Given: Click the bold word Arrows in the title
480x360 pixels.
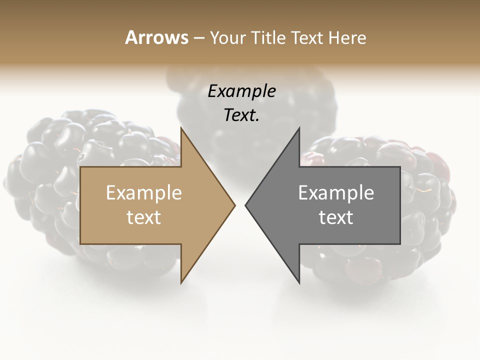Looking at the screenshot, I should pos(156,37).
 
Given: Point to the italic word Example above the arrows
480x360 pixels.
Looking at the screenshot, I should pos(241,91).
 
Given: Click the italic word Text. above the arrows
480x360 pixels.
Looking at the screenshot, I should pos(241,115).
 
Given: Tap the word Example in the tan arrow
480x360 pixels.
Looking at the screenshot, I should pos(143,193).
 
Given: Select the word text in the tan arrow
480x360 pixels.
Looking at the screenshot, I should pos(143,217).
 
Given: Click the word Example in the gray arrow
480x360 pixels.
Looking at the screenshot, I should pos(336,193).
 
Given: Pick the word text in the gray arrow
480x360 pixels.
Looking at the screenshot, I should pos(336,217).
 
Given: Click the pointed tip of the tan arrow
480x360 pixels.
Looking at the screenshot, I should pos(234,205).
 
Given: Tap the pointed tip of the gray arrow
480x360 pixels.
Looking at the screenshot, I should pos(246,205).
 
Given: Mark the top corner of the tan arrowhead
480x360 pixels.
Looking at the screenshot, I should pos(181,128).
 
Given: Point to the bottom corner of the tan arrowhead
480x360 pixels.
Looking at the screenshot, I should pos(181,282).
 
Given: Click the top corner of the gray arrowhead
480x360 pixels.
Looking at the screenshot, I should pos(299,128).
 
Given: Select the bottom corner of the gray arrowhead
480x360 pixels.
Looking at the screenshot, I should pos(299,282).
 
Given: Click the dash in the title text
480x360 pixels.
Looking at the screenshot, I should pos(198,38).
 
